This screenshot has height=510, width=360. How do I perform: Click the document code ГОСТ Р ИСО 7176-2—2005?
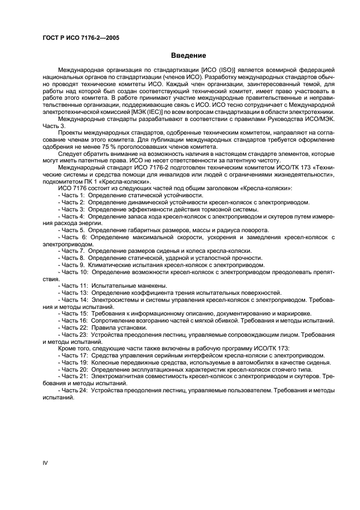point(81,38)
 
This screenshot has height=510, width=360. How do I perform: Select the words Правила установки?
point(116,327)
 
